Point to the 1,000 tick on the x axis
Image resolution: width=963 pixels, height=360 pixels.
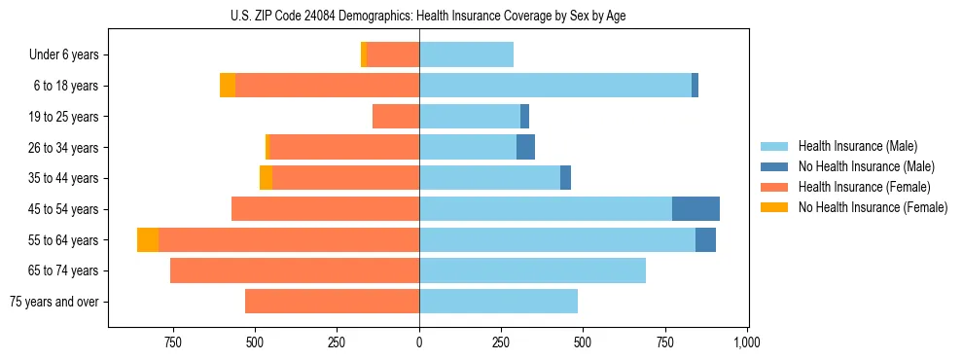(x=747, y=342)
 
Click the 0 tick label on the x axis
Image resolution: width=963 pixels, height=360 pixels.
(x=419, y=342)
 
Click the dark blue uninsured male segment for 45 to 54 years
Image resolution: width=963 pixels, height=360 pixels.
(x=695, y=209)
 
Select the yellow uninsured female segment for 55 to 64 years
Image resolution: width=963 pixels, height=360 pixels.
(x=148, y=240)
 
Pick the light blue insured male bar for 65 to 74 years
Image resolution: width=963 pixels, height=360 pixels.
(x=532, y=270)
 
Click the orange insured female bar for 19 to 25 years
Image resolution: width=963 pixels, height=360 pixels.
(x=396, y=117)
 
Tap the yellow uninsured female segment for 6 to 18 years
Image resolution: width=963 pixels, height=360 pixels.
(x=228, y=86)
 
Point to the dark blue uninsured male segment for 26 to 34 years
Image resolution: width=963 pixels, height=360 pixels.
(x=525, y=148)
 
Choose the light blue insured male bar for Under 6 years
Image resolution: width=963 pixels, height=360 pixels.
(x=466, y=55)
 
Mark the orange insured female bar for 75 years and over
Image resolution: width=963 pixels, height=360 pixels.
(x=332, y=302)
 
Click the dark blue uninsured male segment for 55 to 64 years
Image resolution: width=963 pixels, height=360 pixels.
(x=705, y=240)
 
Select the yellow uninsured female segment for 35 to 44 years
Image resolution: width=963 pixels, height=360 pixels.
(x=266, y=178)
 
